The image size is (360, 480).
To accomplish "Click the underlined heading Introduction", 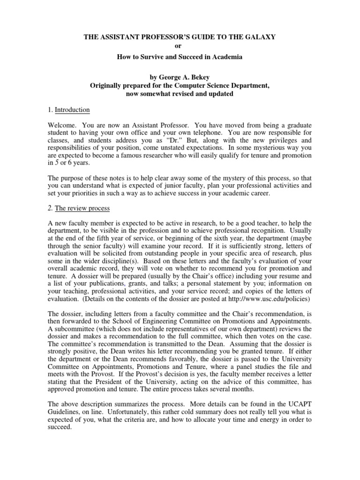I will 72,110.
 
